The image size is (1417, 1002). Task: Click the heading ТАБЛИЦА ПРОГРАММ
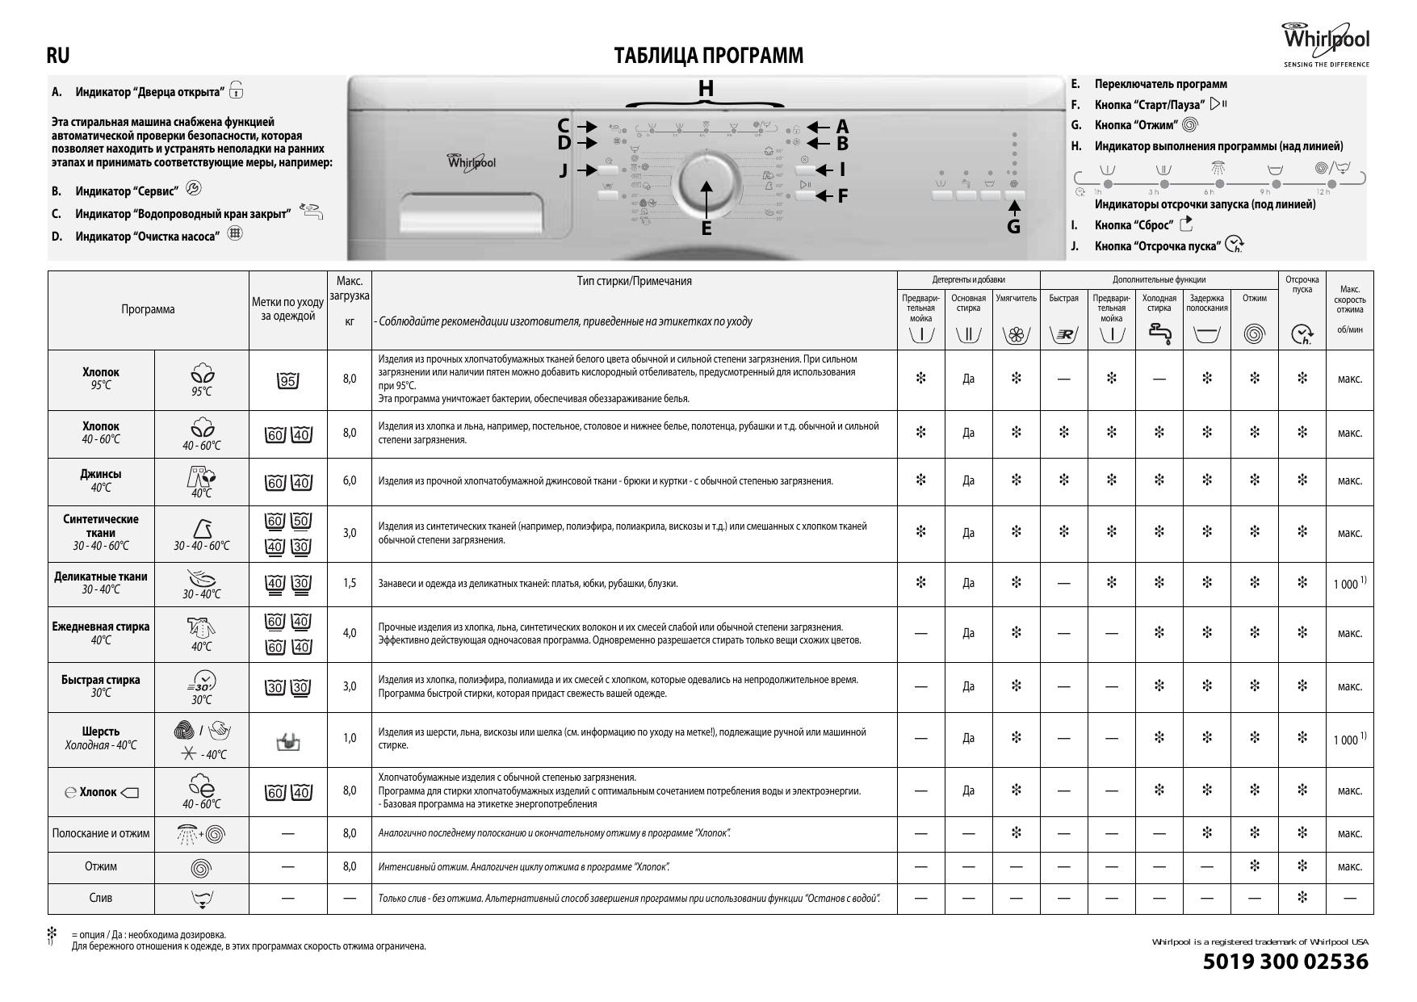pyautogui.click(x=708, y=56)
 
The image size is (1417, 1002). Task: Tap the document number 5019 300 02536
pyautogui.click(x=1285, y=962)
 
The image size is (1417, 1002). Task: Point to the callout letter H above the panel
pyautogui.click(x=706, y=88)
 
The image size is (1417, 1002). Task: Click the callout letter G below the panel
pyautogui.click(x=1013, y=227)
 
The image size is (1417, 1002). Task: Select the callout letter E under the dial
pyautogui.click(x=706, y=228)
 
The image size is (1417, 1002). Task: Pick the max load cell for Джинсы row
pyautogui.click(x=350, y=481)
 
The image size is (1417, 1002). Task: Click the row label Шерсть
pyautogui.click(x=100, y=732)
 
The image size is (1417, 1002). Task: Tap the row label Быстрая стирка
pyautogui.click(x=100, y=680)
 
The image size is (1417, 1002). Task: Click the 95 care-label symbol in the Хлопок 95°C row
pyautogui.click(x=287, y=380)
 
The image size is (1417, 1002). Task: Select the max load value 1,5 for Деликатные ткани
pyautogui.click(x=350, y=583)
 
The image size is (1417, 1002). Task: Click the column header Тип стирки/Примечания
pyautogui.click(x=634, y=281)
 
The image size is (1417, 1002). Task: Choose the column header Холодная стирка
pyautogui.click(x=1159, y=303)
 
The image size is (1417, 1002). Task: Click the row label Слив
pyautogui.click(x=100, y=898)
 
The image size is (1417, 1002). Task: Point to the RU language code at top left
pyautogui.click(x=58, y=56)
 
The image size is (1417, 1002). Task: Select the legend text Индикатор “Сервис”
pyautogui.click(x=127, y=191)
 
